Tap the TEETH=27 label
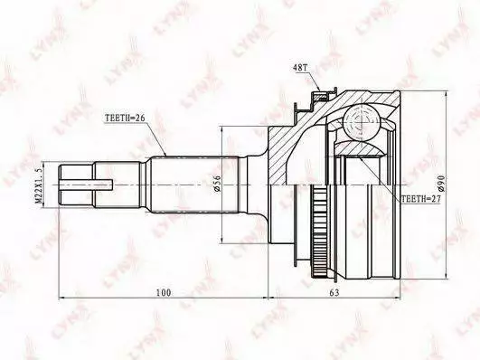[420, 199]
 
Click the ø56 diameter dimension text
[218, 184]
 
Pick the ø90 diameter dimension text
[442, 184]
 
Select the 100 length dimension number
[164, 293]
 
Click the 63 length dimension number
[334, 293]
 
